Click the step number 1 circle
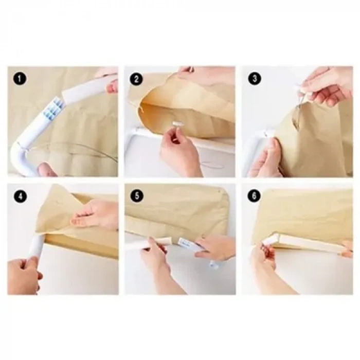(20, 79)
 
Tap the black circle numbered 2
(136, 79)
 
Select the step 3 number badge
(255, 79)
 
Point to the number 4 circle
(20, 196)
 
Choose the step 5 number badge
(137, 196)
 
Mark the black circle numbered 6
(254, 196)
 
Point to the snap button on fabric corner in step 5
(220, 191)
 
